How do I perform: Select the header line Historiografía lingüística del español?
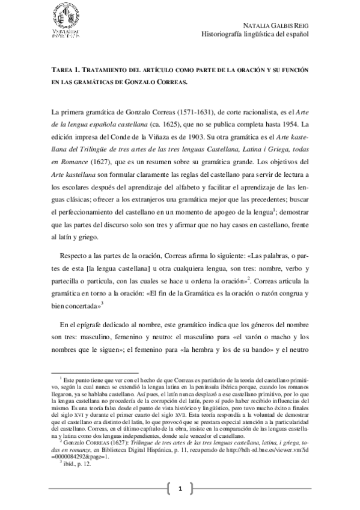click(254, 34)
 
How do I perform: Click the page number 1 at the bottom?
click(180, 490)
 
